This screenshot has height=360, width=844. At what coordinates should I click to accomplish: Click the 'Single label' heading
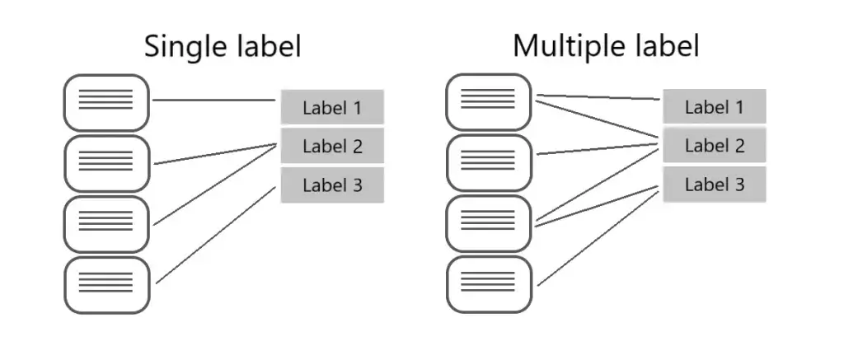point(223,46)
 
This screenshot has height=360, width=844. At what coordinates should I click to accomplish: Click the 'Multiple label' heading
point(606,45)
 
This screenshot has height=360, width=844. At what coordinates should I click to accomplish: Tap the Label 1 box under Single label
point(332,107)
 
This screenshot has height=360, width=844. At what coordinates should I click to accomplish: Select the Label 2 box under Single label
point(332,145)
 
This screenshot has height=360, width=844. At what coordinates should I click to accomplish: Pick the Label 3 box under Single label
point(332,185)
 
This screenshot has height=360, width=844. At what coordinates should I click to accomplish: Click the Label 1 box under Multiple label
point(715,106)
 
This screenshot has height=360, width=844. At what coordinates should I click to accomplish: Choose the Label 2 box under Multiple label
point(715,145)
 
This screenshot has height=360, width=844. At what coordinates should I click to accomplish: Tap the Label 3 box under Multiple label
point(715,185)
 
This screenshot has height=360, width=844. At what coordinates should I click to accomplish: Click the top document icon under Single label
point(106,102)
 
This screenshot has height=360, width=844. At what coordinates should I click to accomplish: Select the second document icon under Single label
point(106,164)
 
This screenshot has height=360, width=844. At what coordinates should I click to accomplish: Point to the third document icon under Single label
point(106,224)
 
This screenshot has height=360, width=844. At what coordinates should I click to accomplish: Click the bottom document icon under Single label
point(106,285)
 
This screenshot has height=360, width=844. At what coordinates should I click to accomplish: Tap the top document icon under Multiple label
point(489,101)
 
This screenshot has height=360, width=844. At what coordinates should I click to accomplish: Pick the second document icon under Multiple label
point(489,162)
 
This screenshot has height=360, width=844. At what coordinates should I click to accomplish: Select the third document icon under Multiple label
point(489,223)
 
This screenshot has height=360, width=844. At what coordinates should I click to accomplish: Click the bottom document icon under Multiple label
point(489,284)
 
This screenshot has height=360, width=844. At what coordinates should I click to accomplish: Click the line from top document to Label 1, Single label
point(214,100)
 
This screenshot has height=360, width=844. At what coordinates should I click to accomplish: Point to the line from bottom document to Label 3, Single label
point(216,235)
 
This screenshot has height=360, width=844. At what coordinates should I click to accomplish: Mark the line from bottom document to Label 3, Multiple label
point(598,238)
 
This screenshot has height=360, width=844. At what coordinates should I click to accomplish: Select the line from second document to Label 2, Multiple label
point(598,149)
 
